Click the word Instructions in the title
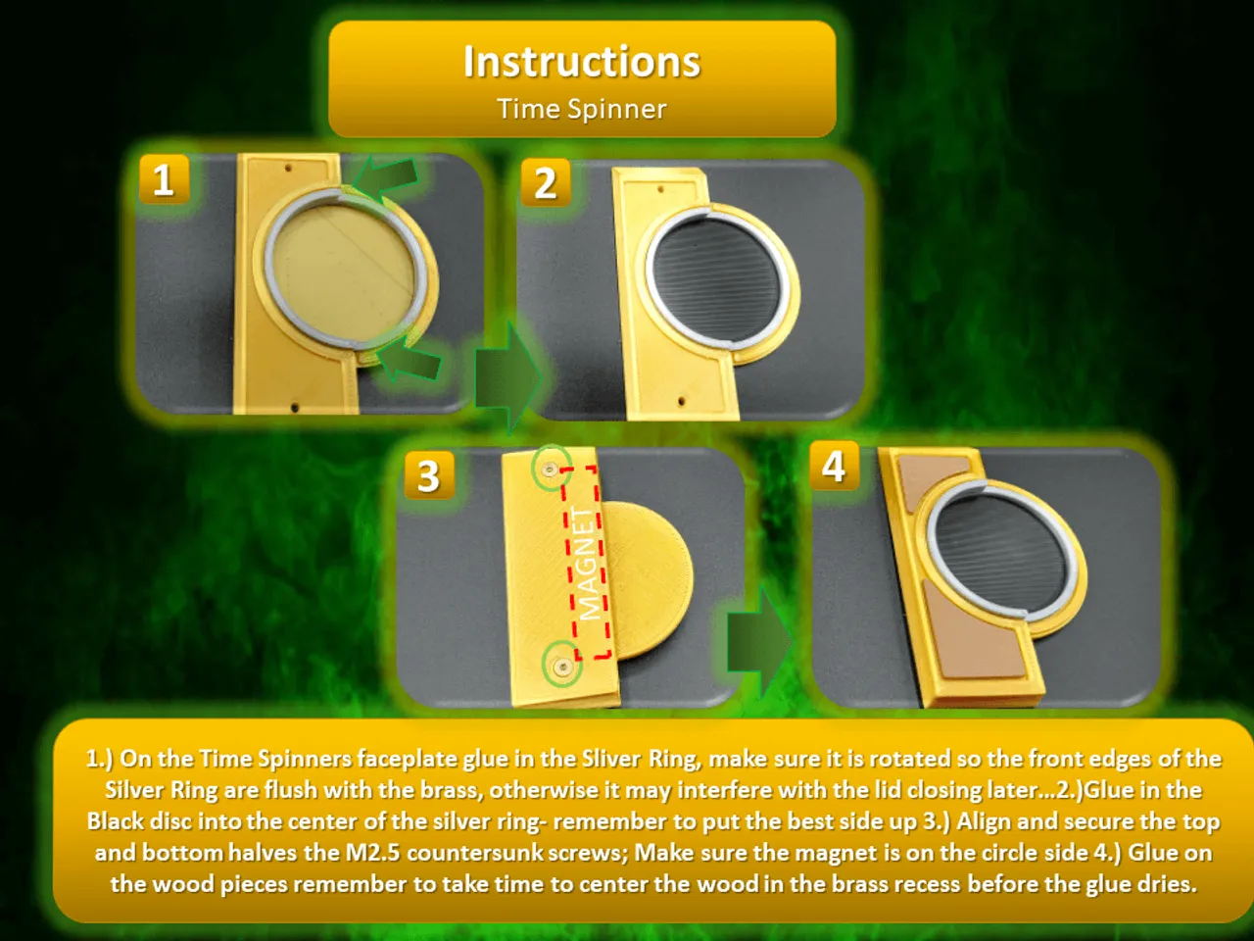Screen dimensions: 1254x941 582,62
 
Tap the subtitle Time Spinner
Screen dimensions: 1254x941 582,109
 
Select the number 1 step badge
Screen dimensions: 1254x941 165,179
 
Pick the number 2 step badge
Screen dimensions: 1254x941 546,183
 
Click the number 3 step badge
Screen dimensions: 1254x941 429,476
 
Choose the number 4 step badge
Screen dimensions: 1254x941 835,466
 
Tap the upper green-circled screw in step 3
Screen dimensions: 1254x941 551,470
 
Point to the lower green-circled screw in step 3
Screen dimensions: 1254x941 562,666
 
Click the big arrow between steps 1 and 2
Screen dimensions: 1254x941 507,377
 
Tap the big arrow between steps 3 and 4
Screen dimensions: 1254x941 759,643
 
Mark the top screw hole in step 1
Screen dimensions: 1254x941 288,169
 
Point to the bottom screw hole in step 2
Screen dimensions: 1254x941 681,401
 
